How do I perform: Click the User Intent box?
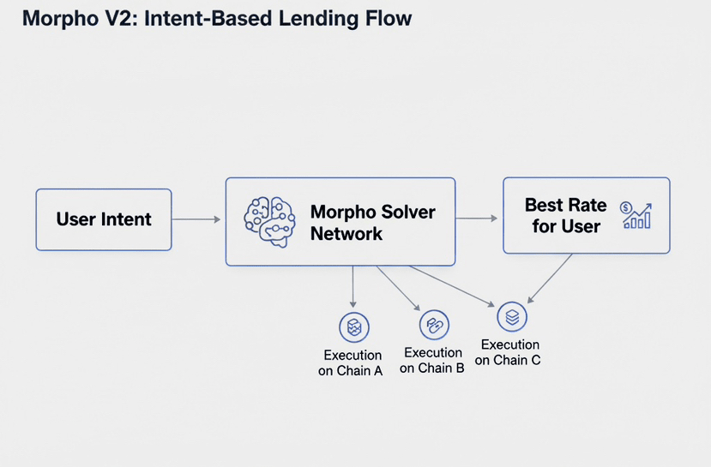point(104,219)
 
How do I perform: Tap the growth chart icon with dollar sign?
point(636,215)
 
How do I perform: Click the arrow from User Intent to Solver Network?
point(197,220)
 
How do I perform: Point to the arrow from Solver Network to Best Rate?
point(477,219)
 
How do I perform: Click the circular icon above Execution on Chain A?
point(353,326)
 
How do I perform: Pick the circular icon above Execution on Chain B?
point(433,325)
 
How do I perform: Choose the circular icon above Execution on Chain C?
point(512,317)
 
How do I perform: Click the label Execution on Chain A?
point(352,362)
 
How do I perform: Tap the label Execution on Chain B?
point(433,360)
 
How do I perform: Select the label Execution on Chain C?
point(509,352)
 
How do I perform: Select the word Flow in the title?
point(386,18)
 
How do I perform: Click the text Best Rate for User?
point(564,216)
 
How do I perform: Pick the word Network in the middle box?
point(346,233)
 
